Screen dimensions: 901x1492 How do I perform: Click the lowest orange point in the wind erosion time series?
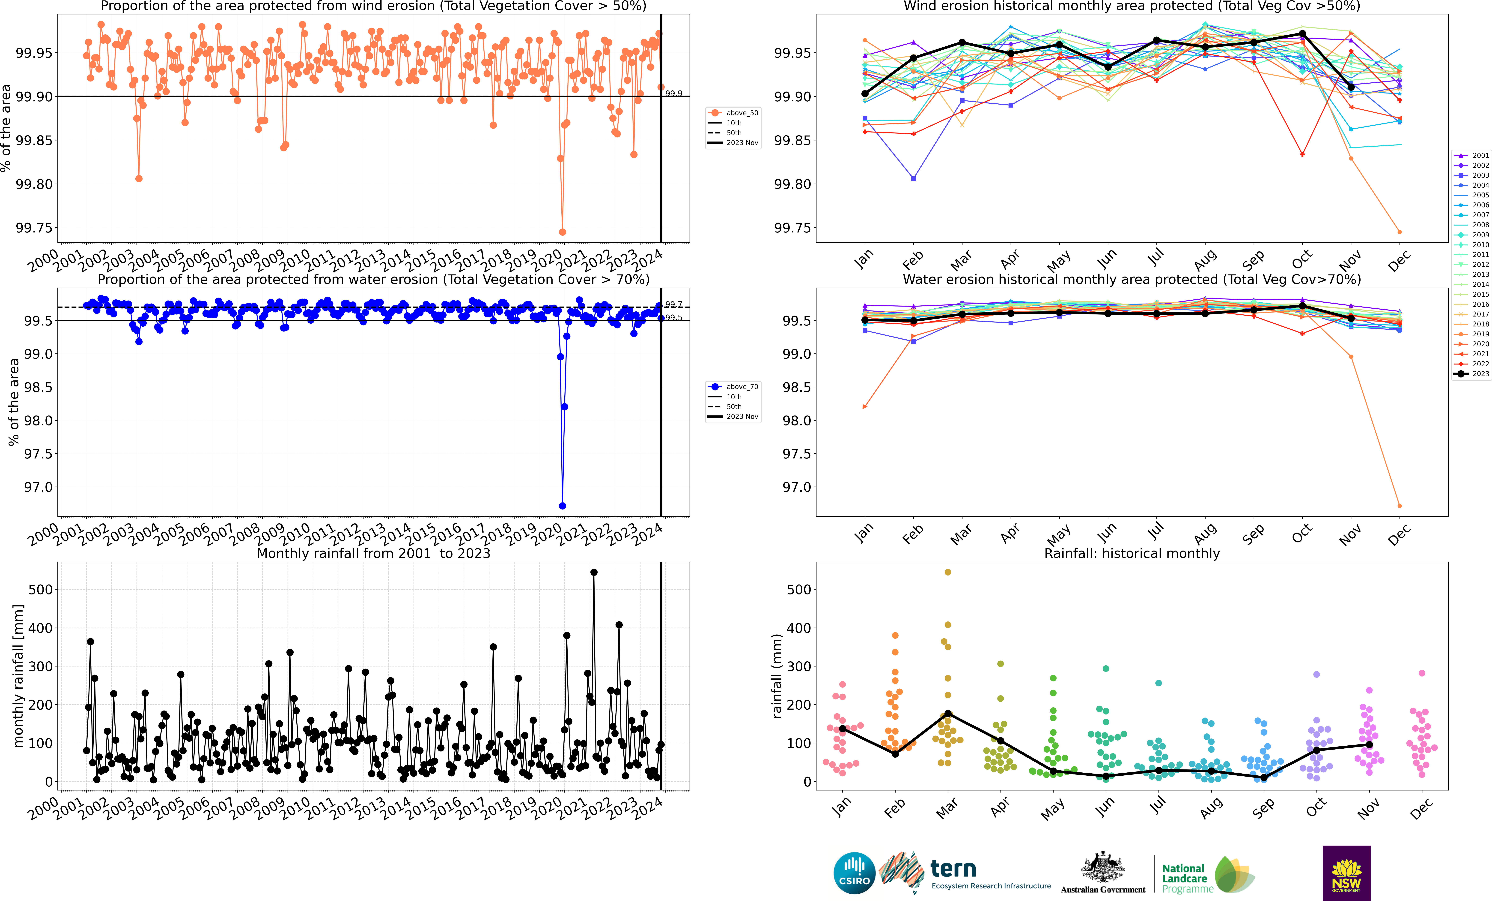(x=563, y=232)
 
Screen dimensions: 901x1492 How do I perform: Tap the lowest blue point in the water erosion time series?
(x=563, y=506)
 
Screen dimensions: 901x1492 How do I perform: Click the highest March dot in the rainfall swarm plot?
(x=948, y=572)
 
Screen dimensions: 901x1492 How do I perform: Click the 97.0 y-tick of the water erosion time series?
(x=38, y=487)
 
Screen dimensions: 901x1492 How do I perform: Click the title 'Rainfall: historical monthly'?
(x=1132, y=553)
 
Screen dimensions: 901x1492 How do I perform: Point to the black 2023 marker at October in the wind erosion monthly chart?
(x=1302, y=33)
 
